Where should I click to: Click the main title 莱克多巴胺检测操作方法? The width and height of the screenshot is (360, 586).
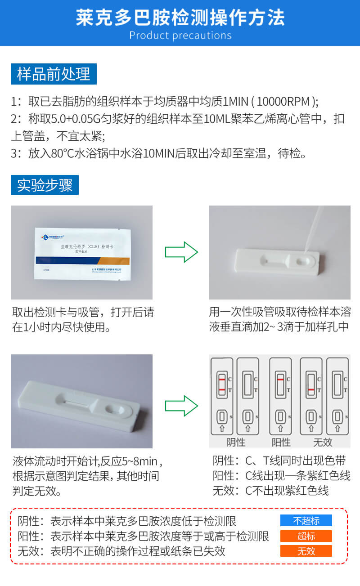(180, 18)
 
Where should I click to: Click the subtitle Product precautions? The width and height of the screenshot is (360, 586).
(180, 36)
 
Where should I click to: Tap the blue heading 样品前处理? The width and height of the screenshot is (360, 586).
(54, 74)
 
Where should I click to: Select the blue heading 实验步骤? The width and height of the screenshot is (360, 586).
(45, 185)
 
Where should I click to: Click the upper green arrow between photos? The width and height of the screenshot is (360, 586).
(181, 252)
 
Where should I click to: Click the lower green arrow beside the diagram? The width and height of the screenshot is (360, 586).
(181, 406)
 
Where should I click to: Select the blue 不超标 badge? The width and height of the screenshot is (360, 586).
(306, 521)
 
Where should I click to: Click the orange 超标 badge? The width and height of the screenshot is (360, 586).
(306, 536)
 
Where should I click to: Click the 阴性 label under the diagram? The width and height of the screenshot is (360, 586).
(236, 442)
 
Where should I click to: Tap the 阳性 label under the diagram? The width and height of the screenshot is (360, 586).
(281, 442)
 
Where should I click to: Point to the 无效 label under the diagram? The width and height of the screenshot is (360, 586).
(322, 442)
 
